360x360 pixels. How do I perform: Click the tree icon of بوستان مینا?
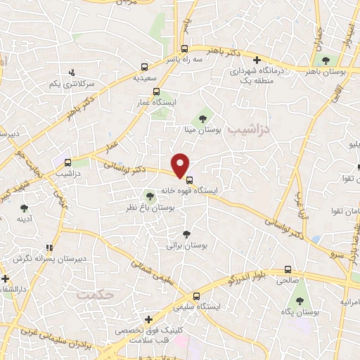pos(204,119)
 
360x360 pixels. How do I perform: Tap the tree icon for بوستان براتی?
pos(186,234)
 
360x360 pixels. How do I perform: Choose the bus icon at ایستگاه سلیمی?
pos(197,296)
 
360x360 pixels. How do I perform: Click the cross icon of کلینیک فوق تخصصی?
pos(148,319)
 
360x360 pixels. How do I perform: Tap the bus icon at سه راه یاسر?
pos(184,49)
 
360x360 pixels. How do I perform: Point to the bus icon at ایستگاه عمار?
pos(156,91)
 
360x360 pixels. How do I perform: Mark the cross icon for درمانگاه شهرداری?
pos(257,60)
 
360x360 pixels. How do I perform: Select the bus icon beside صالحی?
pos(288,269)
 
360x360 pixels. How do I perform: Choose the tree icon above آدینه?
pos(25,208)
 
